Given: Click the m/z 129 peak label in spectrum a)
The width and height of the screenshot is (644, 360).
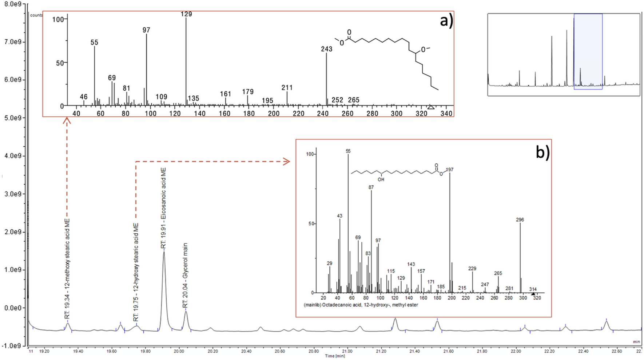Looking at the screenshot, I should point(186,14).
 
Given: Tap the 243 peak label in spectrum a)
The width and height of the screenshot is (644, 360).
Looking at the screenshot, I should point(326,49).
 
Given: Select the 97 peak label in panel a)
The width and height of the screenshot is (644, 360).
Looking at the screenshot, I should point(146,30).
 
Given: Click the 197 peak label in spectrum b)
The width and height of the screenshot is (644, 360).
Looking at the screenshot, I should point(449,170).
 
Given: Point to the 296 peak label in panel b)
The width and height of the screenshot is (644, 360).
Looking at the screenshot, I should point(520,220).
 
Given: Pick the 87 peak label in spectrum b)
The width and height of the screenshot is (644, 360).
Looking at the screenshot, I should point(371,187).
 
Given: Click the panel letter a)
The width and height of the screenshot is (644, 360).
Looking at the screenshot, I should point(446,21).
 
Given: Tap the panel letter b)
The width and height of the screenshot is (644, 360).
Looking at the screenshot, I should point(542,152).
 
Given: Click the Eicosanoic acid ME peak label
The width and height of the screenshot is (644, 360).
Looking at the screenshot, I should point(164,208).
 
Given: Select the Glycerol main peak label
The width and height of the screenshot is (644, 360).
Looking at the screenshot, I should point(185,276).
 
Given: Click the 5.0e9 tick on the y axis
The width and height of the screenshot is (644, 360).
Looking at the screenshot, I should point(13,118).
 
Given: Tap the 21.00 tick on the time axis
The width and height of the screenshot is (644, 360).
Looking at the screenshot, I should point(347,351).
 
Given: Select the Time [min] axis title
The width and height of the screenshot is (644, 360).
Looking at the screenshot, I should point(335,356).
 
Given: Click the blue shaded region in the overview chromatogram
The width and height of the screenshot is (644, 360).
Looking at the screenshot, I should point(588,51).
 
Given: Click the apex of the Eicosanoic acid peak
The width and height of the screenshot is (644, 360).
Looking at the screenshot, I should point(164,252).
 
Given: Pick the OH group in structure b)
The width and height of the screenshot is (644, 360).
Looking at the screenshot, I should point(381,179).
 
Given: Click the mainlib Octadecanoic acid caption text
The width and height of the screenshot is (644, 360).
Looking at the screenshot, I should point(361,305).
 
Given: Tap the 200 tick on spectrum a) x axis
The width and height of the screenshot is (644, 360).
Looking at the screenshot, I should point(274,114).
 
